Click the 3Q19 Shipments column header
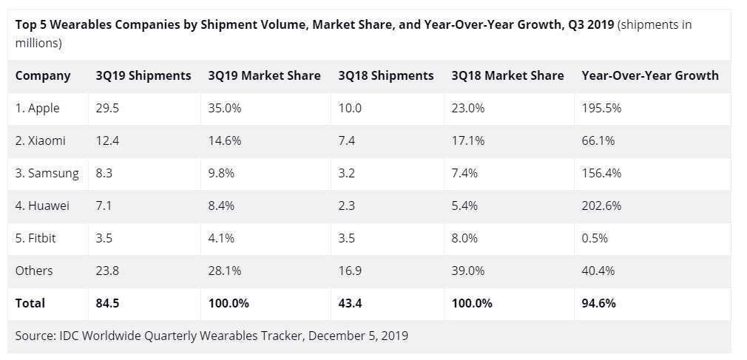[x=143, y=75]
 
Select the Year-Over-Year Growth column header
[x=649, y=75]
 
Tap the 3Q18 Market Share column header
[x=507, y=75]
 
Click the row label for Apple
[x=38, y=108]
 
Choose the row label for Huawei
[x=42, y=206]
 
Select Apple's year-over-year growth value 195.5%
[x=602, y=108]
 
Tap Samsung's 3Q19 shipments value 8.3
[x=104, y=173]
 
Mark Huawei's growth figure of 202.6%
[x=602, y=206]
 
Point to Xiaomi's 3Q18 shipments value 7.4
[x=347, y=140]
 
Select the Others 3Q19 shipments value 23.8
[x=107, y=271]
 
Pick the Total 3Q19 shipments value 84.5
[x=108, y=303]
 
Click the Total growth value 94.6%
[x=599, y=303]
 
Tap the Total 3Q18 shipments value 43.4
[x=351, y=303]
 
